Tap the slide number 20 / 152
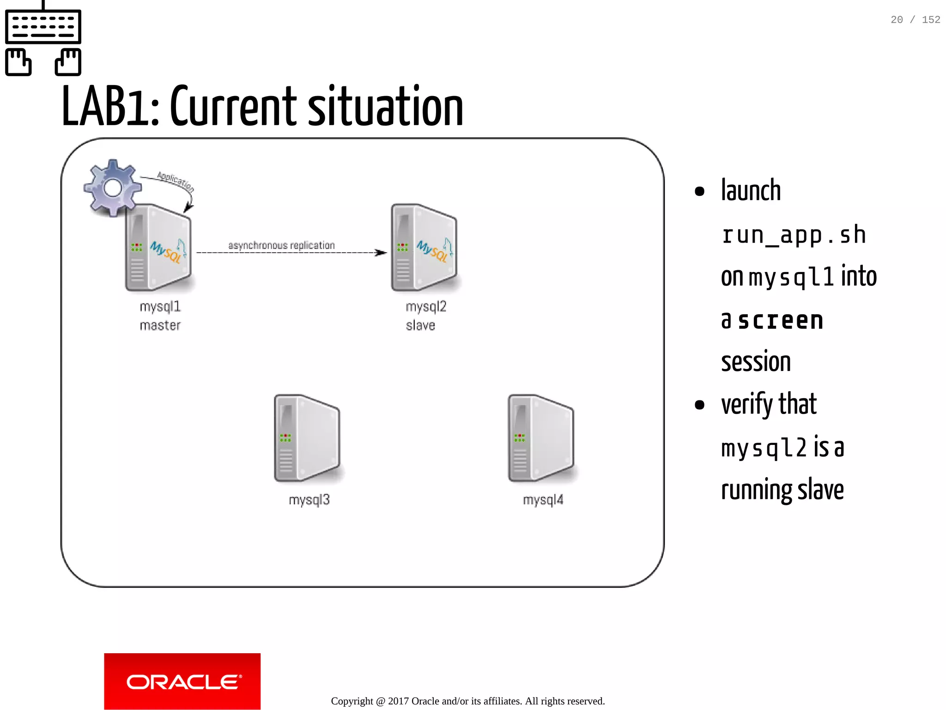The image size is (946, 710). click(x=915, y=20)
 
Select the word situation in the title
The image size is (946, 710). click(x=385, y=107)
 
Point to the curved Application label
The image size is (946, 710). click(x=176, y=181)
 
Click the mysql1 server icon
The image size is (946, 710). click(x=158, y=248)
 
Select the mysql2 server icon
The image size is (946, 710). click(x=424, y=248)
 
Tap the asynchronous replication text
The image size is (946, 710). click(x=281, y=245)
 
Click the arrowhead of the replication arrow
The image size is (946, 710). click(x=382, y=253)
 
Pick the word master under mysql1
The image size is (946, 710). click(x=160, y=326)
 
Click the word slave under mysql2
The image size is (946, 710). click(x=420, y=326)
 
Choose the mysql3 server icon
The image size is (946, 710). click(x=307, y=438)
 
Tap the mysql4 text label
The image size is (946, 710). click(x=543, y=500)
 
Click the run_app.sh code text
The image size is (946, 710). click(x=793, y=235)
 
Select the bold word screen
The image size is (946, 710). click(x=781, y=321)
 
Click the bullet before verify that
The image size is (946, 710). click(x=699, y=405)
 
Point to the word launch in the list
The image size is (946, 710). click(x=751, y=190)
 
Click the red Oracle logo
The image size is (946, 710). click(x=182, y=681)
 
